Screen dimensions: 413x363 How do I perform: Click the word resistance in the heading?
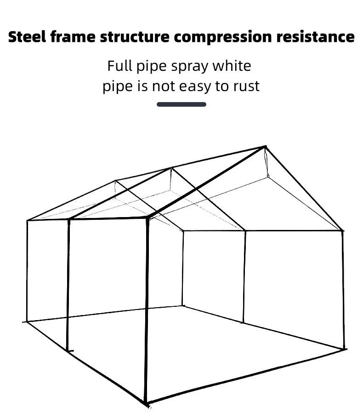[315, 37]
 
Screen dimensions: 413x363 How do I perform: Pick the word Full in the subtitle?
[120, 66]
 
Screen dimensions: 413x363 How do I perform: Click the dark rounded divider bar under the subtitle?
[181, 104]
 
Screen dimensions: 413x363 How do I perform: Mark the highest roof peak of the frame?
[265, 147]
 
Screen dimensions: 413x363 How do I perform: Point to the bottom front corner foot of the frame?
[146, 404]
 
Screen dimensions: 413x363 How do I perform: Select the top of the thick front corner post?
[148, 218]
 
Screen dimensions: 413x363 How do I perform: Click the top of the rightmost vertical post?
[342, 230]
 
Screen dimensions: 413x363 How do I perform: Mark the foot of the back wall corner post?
[183, 305]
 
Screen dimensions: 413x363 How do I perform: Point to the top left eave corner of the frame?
[27, 221]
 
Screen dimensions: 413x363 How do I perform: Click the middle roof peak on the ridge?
[172, 168]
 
